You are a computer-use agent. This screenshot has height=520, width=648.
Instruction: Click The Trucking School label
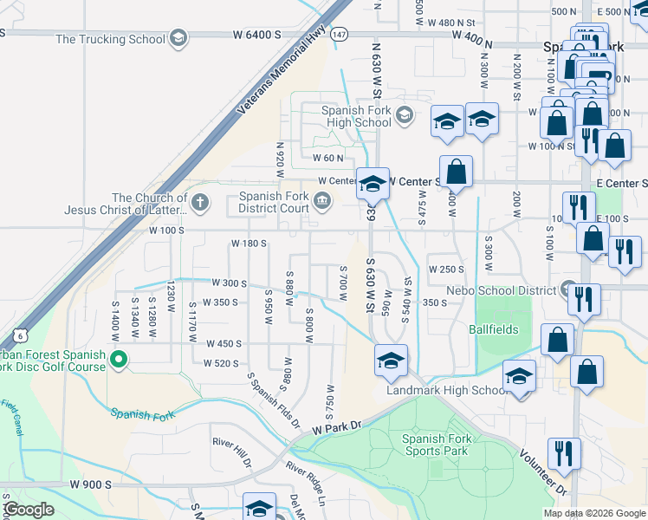[x=110, y=39]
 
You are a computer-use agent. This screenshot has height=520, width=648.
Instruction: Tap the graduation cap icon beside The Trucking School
[x=178, y=38]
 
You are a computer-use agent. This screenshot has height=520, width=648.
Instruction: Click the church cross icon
[x=200, y=204]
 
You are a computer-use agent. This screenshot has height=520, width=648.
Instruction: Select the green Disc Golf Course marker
[x=120, y=358]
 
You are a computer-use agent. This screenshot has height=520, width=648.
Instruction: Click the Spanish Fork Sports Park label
[x=435, y=445]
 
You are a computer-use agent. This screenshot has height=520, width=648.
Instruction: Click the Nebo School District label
[x=501, y=290]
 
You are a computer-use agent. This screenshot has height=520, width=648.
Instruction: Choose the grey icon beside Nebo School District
[x=568, y=289]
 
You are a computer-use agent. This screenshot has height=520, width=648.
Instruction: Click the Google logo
[x=29, y=509]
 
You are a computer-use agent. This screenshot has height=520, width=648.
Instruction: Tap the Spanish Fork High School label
[x=357, y=116]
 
